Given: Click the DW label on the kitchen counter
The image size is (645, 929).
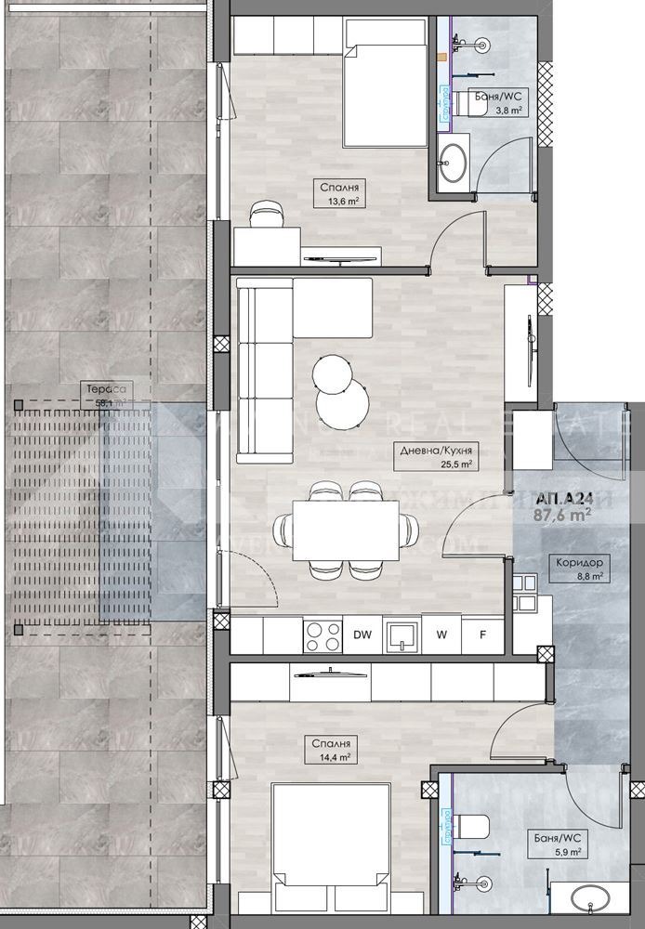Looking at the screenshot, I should (362, 635).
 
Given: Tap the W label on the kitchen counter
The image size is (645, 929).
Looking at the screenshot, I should (441, 635).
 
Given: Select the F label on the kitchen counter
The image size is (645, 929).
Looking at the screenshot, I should (482, 635).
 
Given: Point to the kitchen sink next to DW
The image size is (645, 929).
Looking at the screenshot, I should (401, 635).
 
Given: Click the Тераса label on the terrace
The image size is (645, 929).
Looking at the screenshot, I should (104, 389).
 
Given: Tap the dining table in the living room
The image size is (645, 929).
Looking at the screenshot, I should (345, 530).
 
